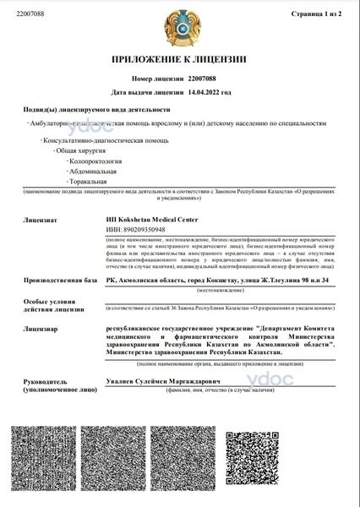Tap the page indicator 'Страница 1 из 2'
(x=316, y=14)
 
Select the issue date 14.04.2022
(x=210, y=91)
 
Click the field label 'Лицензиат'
(x=38, y=219)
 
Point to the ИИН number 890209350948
(x=141, y=229)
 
